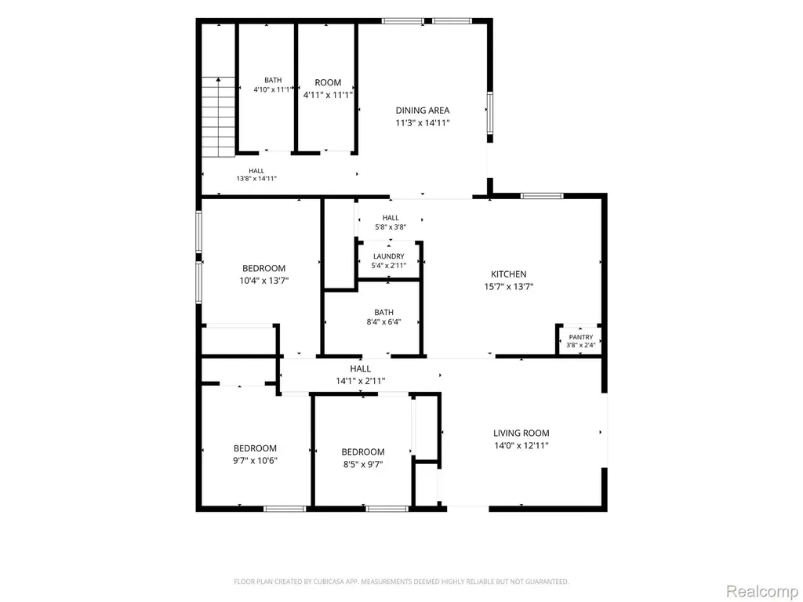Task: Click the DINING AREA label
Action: (423, 110)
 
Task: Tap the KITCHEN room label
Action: (508, 274)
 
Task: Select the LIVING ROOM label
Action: (521, 433)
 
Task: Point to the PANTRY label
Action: (581, 337)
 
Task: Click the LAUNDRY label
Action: (389, 256)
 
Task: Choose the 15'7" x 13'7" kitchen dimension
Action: (508, 287)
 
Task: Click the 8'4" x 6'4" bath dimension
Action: (383, 322)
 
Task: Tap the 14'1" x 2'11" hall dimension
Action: (361, 381)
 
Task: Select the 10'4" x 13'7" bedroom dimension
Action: (263, 281)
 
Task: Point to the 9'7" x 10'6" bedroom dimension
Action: (255, 460)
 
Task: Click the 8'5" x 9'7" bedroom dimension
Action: (363, 464)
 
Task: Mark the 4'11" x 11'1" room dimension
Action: (328, 95)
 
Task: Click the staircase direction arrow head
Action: (219, 79)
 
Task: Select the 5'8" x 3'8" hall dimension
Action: (391, 227)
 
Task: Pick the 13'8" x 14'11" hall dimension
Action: (256, 179)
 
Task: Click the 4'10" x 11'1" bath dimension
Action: (273, 89)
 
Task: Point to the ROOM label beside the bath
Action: (328, 82)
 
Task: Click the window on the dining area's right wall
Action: (489, 113)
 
